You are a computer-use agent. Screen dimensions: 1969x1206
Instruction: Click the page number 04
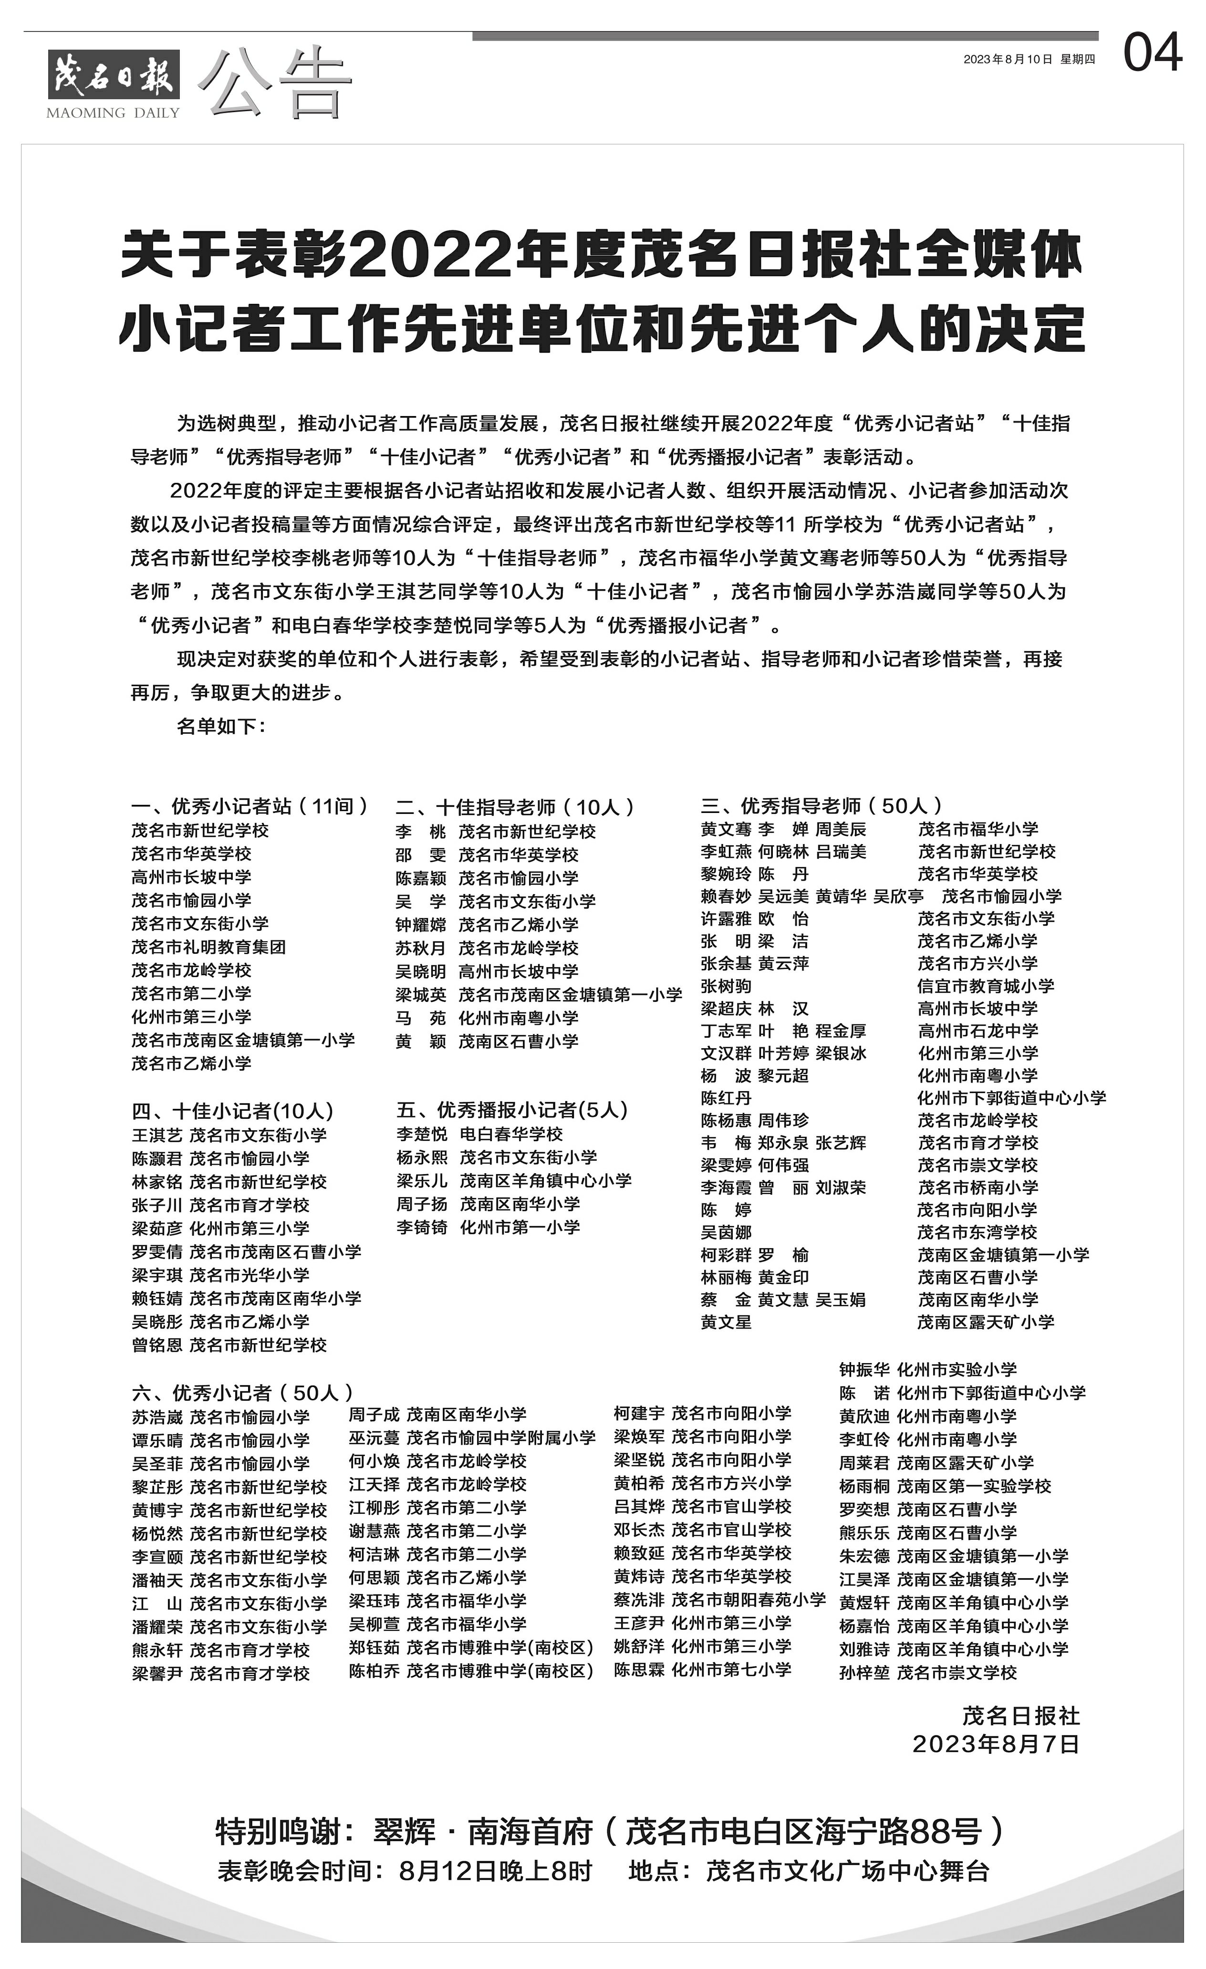click(1152, 54)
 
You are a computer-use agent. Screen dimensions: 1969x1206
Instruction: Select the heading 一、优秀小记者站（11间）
click(250, 805)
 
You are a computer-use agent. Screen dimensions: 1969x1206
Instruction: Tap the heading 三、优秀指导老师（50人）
click(821, 805)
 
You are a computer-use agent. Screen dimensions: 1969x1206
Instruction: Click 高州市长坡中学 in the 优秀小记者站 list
click(192, 876)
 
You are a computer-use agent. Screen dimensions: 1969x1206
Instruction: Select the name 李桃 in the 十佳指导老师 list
click(420, 831)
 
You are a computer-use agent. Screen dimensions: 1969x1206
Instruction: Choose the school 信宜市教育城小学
click(986, 985)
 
